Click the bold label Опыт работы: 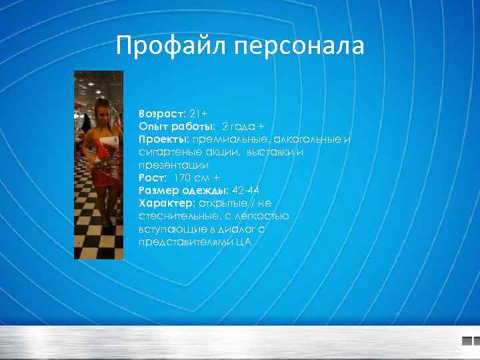coord(177,126)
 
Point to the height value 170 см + coord(196,178)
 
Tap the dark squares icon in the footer coord(469,341)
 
